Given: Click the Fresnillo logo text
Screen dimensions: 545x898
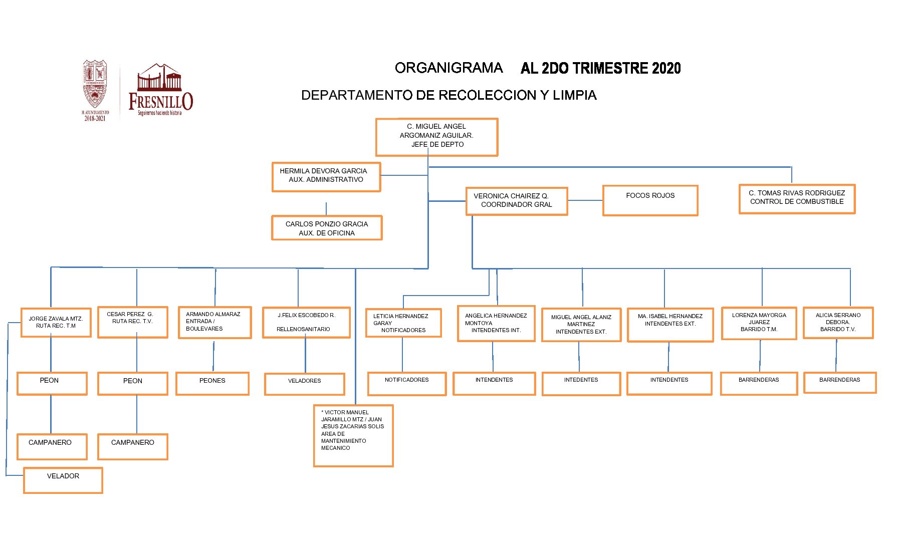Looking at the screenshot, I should (x=160, y=101).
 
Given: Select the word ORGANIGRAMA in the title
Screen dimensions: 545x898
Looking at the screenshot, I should (x=448, y=68).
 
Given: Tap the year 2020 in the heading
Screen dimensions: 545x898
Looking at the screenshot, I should (x=666, y=69).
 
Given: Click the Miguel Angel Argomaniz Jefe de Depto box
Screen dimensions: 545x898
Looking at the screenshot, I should (x=436, y=137).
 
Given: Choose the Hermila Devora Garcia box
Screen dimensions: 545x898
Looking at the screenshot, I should (x=326, y=176).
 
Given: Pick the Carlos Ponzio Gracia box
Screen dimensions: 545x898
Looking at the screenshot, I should (x=327, y=228).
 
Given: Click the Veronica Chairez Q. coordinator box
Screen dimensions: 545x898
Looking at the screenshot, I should (x=517, y=201).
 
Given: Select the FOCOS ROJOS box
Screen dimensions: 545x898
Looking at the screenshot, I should (x=650, y=200).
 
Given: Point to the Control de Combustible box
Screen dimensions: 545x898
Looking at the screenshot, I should (x=797, y=198).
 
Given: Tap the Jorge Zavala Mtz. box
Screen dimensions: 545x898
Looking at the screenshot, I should (x=56, y=323).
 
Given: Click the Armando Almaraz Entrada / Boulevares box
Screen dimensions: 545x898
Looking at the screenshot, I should (x=214, y=323).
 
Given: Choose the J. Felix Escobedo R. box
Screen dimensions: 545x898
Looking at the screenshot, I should (x=306, y=323).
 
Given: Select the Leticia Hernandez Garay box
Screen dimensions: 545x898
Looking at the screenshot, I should (x=403, y=323).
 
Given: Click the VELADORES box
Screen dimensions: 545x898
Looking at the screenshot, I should (x=305, y=384).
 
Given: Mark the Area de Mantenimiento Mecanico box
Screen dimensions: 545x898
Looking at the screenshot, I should (x=353, y=435).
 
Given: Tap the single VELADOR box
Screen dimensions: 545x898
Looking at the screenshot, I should (x=63, y=480).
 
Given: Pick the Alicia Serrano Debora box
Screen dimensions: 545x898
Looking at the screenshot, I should (x=838, y=323).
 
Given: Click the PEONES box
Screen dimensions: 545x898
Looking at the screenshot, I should (x=212, y=383).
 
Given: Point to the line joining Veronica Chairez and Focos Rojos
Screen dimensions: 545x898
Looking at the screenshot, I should (x=585, y=200).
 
